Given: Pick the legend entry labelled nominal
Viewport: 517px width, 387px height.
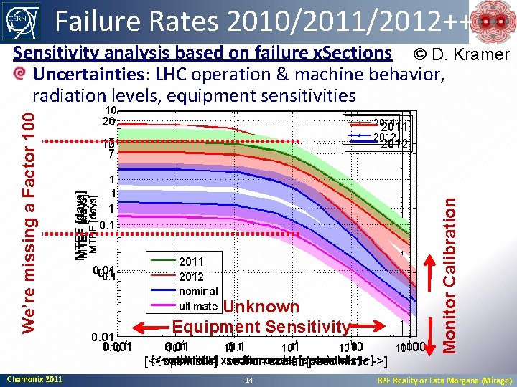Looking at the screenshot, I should click(198, 291).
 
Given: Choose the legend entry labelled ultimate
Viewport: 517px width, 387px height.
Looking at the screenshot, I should click(198, 306).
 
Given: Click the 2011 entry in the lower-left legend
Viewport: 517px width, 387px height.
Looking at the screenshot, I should click(191, 262).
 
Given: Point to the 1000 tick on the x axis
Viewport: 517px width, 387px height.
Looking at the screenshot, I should click(416, 347).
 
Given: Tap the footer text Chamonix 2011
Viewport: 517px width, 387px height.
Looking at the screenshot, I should click(34, 379).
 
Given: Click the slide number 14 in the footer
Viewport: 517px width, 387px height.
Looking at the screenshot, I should click(249, 379).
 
